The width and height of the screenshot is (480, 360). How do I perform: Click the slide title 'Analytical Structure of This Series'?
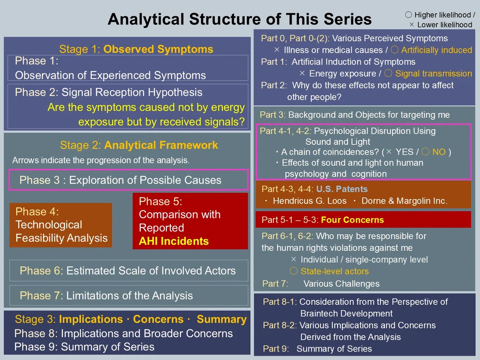click(240, 19)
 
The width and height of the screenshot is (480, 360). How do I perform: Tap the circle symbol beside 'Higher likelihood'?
click(408, 15)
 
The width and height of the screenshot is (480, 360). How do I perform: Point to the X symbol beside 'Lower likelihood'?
click(411, 24)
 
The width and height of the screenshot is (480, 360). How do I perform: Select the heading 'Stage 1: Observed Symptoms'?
click(136, 49)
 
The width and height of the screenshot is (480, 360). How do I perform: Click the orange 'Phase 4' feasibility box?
click(61, 225)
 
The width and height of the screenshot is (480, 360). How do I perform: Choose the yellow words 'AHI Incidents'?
click(174, 241)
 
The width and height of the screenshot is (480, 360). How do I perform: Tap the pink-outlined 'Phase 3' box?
click(128, 180)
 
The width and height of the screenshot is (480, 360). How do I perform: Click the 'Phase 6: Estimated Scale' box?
click(129, 270)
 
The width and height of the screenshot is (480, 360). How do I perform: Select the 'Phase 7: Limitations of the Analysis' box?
click(129, 295)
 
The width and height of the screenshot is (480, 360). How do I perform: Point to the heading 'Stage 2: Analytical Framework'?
click(139, 145)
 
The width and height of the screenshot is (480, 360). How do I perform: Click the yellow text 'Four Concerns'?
click(352, 220)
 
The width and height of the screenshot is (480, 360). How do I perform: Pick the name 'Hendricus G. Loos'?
click(310, 201)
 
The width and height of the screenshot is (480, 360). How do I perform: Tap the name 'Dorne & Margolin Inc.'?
click(404, 201)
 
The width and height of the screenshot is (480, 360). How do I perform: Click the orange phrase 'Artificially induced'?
click(436, 50)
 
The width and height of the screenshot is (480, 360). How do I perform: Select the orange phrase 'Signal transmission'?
click(434, 74)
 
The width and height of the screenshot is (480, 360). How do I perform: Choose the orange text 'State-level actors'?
click(334, 271)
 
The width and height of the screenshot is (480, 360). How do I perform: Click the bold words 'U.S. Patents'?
click(342, 189)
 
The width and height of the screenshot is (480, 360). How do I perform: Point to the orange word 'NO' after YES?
click(439, 152)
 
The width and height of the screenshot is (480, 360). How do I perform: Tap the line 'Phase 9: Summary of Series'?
click(84, 347)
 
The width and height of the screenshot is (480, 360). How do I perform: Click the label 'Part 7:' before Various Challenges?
click(275, 284)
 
